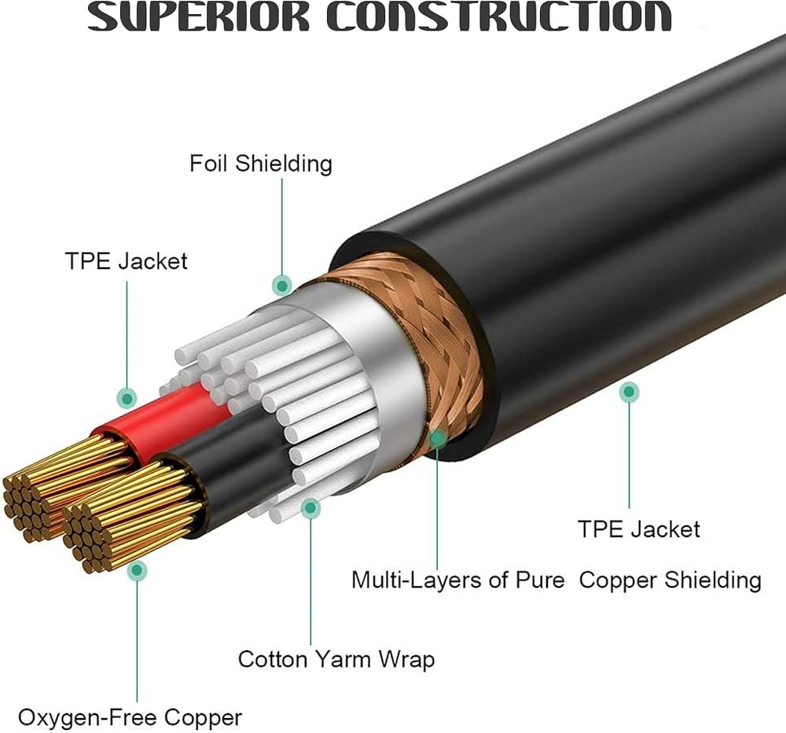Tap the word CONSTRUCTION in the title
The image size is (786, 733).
click(498, 17)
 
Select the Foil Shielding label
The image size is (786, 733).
click(261, 164)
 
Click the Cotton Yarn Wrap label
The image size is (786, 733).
click(336, 658)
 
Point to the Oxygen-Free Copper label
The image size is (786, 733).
click(130, 717)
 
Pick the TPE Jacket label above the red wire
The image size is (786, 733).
click(127, 261)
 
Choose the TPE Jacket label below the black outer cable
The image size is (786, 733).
click(638, 529)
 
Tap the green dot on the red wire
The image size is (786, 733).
click(126, 398)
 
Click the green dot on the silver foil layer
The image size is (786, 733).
click(281, 285)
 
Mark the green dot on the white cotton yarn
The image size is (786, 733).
click(311, 508)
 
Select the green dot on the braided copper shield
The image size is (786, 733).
click(437, 436)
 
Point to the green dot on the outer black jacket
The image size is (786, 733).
click(629, 391)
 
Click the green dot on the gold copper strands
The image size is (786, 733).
click(138, 571)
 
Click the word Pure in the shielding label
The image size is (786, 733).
click(546, 580)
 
